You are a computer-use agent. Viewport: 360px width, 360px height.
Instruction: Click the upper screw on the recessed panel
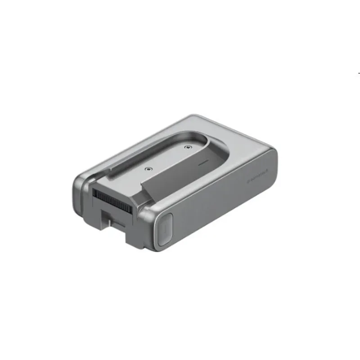pos(188,146)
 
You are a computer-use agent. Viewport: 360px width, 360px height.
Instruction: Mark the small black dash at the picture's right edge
pos(359,72)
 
